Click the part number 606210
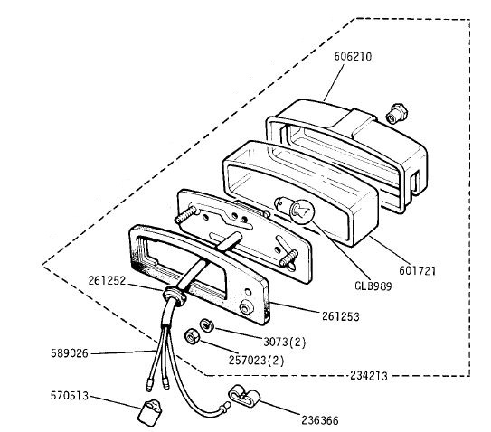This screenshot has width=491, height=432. click(x=353, y=56)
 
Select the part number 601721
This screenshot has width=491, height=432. click(x=417, y=270)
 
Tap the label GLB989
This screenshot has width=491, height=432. click(x=373, y=286)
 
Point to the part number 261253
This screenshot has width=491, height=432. click(x=341, y=316)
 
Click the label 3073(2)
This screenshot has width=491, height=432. click(x=284, y=342)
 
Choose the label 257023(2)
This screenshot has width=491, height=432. click(x=256, y=361)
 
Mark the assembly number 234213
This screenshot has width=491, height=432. click(x=369, y=375)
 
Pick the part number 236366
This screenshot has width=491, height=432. click(x=320, y=420)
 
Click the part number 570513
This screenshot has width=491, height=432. click(x=70, y=396)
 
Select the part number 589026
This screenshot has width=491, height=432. click(x=70, y=353)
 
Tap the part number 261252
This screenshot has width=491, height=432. click(x=107, y=280)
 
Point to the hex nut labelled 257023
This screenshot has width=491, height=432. click(x=191, y=337)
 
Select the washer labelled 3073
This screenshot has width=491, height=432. click(x=206, y=325)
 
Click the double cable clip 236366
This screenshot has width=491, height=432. click(x=244, y=397)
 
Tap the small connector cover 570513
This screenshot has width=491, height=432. click(x=149, y=413)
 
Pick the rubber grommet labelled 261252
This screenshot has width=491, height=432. click(x=174, y=295)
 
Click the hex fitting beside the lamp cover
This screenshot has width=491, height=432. click(x=397, y=114)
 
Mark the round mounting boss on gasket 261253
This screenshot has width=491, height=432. click(x=246, y=307)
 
